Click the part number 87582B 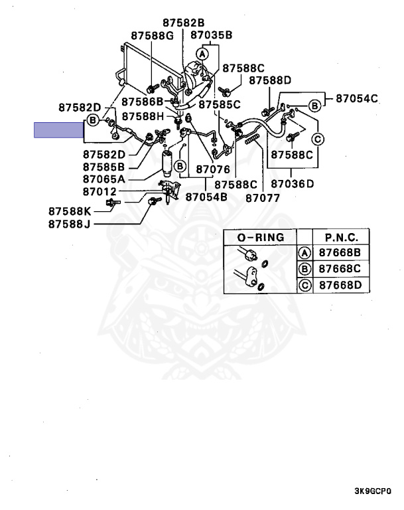click(x=187, y=21)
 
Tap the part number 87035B click(x=211, y=35)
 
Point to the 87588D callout click(x=270, y=80)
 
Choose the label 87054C click(x=356, y=98)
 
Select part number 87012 click(x=100, y=192)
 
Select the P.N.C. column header click(x=342, y=237)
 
